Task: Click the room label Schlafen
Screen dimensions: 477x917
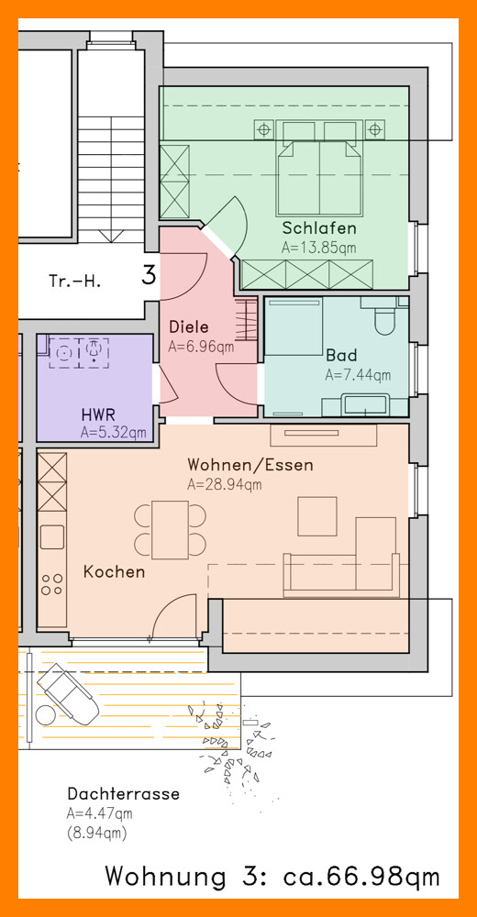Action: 319,227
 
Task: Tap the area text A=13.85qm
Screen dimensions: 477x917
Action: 318,248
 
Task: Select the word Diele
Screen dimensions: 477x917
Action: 188,327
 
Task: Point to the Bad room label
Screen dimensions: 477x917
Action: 341,355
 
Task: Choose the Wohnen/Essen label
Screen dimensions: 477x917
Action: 250,465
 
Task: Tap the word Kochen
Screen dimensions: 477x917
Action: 114,571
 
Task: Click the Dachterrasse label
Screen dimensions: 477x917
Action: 124,794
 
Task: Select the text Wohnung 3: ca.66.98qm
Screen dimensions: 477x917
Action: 272,878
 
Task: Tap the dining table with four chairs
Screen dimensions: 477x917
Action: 171,530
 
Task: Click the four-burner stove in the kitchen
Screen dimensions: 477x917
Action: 52,584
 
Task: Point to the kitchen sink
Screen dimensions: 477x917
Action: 52,536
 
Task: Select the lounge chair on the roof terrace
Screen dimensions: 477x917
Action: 68,691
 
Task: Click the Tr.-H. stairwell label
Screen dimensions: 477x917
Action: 75,282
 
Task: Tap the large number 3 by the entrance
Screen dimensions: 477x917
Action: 150,275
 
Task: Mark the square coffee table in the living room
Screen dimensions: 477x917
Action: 317,516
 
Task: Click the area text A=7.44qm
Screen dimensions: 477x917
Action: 358,375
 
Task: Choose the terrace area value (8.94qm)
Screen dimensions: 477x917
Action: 97,833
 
